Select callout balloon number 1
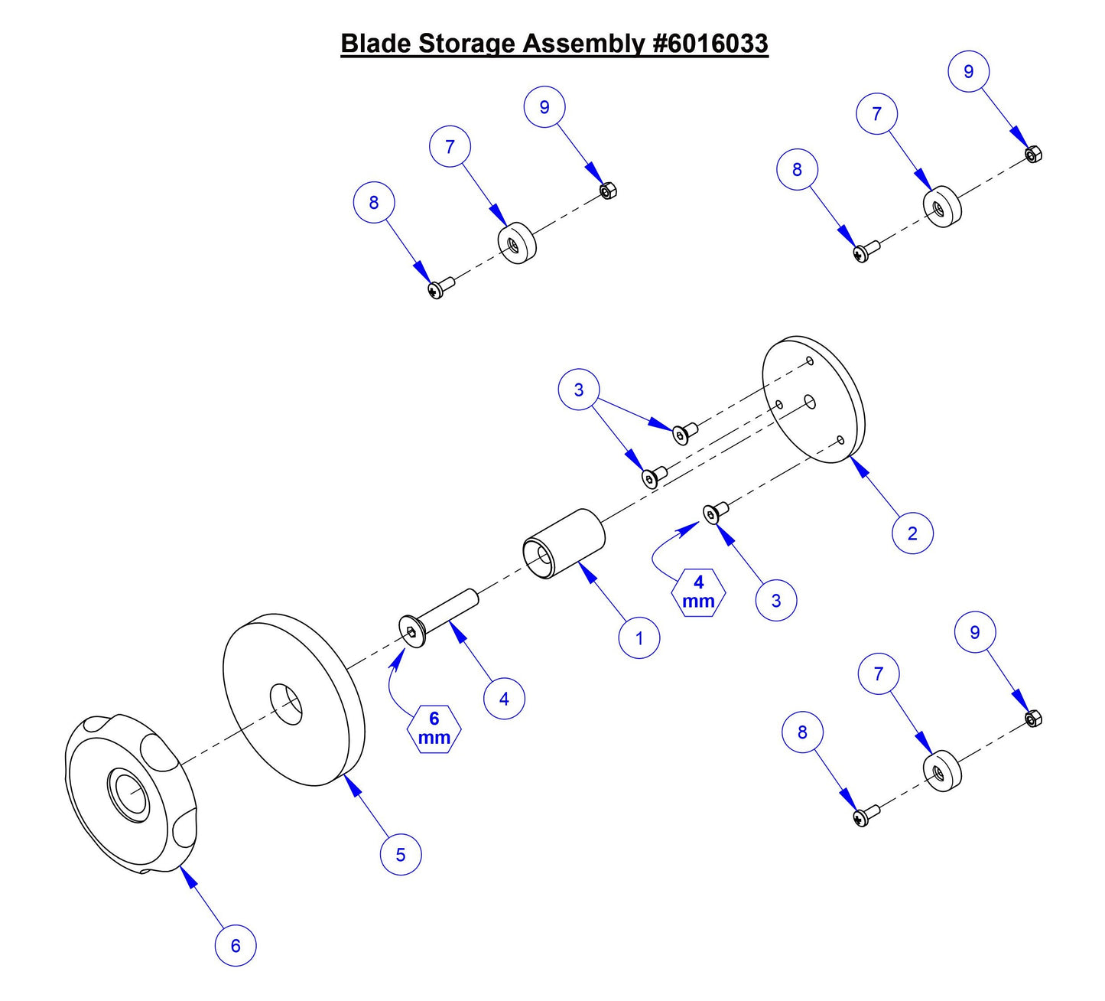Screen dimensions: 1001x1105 tap(639, 637)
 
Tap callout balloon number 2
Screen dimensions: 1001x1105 tap(912, 533)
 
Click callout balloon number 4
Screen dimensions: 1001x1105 tap(504, 698)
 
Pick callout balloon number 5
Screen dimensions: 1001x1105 tap(401, 854)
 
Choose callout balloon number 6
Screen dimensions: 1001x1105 tap(236, 945)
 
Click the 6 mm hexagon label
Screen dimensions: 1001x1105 tap(434, 729)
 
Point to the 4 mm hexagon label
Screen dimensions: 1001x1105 tap(698, 592)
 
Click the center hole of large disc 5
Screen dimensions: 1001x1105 tap(286, 704)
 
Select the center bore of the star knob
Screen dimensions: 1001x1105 tap(129, 796)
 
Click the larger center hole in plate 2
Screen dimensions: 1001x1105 tap(810, 402)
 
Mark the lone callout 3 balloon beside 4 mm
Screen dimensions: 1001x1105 tap(776, 600)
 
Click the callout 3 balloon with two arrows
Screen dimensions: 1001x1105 tap(579, 390)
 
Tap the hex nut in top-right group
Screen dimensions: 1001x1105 tap(1032, 155)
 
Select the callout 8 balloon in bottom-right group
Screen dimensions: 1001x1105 tap(802, 732)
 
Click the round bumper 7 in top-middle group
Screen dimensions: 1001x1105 tap(517, 242)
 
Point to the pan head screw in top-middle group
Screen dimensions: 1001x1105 tap(440, 287)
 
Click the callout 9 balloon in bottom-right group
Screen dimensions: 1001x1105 tap(975, 632)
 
